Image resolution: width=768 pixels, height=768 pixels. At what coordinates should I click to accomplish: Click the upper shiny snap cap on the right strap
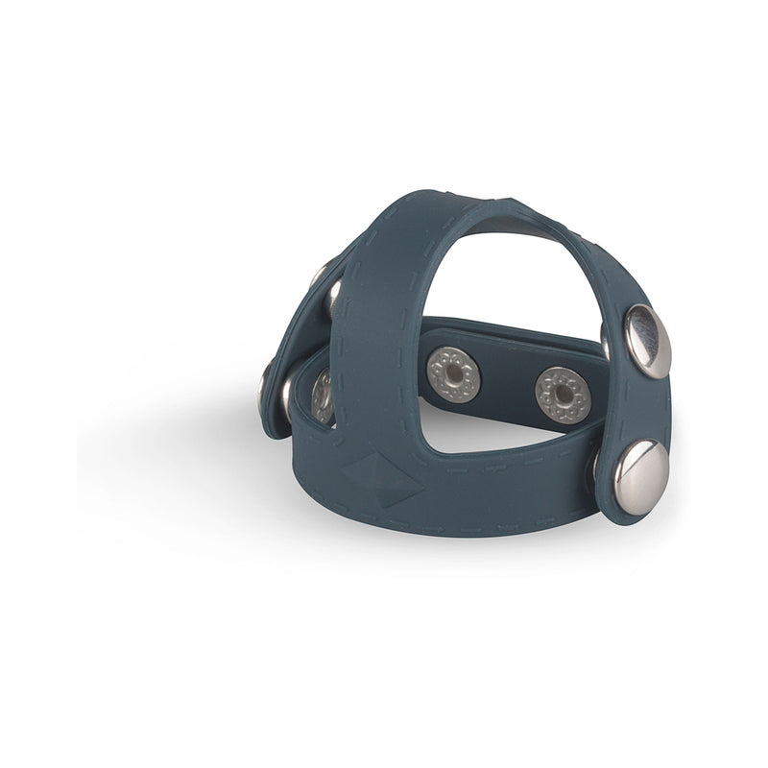click(647, 339)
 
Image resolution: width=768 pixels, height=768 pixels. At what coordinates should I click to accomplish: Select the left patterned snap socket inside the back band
click(453, 373)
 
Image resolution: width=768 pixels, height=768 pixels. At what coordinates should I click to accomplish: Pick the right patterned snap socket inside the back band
click(562, 394)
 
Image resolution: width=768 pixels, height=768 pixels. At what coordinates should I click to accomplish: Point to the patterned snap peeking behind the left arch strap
click(322, 395)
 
